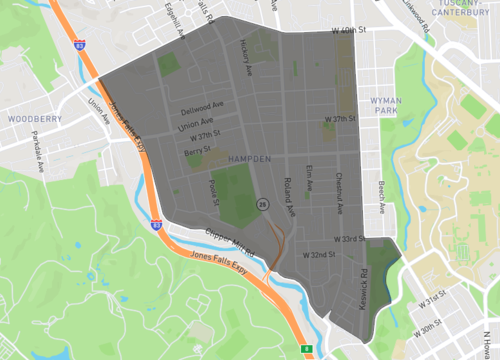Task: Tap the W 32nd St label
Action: click(319, 255)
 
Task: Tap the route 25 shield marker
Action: click(262, 203)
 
